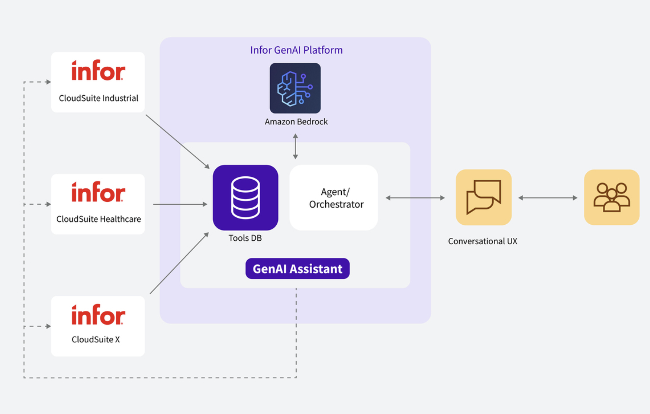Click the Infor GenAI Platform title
pos(296,50)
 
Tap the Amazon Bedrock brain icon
pos(295,88)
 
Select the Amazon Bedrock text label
pos(296,122)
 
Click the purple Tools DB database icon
pos(245,198)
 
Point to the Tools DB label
pos(245,238)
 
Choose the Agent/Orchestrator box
pos(333,198)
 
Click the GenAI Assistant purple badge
pos(297,269)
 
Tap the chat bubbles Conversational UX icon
pos(483,197)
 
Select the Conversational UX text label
pos(482,241)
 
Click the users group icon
pos(611,197)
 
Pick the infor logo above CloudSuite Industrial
pos(98,71)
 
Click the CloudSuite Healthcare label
pos(99,219)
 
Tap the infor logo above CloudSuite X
pos(98,315)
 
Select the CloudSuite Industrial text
pos(99,98)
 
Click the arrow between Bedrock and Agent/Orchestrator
pos(295,146)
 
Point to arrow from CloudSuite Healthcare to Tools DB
pos(180,204)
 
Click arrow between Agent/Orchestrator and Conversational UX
pos(415,198)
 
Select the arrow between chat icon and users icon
pos(548,198)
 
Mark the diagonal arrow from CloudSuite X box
pos(179,263)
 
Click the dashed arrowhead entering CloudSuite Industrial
pos(48,82)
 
